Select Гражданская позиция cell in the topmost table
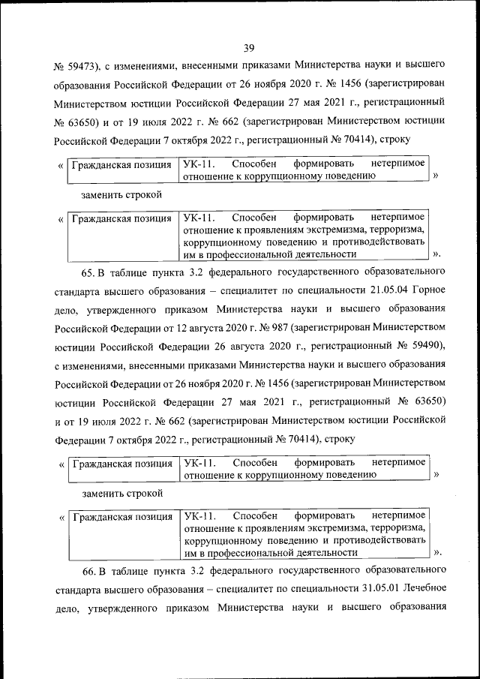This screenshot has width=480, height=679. click(121, 164)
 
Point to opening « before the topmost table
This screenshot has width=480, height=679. click(60, 164)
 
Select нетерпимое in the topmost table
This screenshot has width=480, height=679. click(398, 164)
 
